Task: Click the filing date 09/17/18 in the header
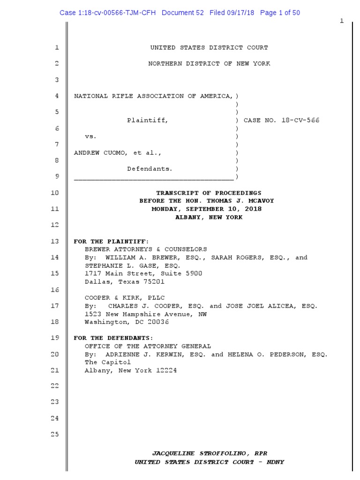240,13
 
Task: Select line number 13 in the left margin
55,241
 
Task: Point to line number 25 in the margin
55,434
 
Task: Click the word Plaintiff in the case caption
147,120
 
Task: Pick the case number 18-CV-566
300,120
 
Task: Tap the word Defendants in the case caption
150,169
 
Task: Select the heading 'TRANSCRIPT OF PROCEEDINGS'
209,193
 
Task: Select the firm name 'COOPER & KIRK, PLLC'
125,298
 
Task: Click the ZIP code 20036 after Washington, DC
158,322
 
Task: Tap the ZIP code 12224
165,370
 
